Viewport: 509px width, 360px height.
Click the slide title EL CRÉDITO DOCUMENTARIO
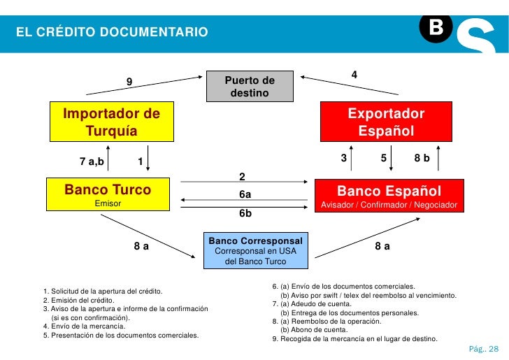pos(113,32)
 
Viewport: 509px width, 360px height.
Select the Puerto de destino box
pos(250,87)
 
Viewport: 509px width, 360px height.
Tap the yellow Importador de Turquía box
pos(112,122)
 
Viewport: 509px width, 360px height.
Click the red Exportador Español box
pos(386,122)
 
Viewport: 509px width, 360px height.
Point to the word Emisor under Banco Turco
pos(108,203)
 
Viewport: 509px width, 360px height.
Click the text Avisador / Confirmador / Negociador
pos(389,206)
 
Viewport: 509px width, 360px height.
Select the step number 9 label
pos(129,82)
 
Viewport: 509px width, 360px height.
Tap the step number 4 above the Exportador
pos(354,74)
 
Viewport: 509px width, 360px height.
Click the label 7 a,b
pos(92,162)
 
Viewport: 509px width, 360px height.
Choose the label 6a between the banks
pos(245,194)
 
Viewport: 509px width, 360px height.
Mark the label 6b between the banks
pos(245,213)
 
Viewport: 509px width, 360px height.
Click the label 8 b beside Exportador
pos(422,159)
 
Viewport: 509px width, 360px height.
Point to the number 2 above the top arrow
pos(242,175)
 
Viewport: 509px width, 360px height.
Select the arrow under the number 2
pos(245,184)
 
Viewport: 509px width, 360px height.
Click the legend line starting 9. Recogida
pos(354,339)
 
